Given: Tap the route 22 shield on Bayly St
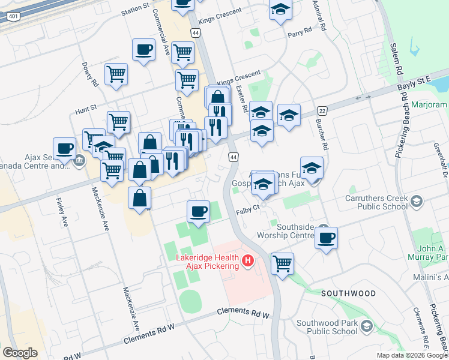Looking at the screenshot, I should coord(322,111).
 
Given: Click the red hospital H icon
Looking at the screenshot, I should coord(248,261).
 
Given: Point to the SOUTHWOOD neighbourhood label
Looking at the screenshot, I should coord(348,293).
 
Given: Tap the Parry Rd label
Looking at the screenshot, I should coord(300,30).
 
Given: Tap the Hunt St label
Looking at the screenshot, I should coord(86,110).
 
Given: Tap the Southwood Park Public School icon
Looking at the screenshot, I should coord(366,327).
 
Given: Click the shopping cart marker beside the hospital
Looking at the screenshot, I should coord(282,263).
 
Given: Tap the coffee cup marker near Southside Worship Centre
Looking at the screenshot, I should coord(326,238).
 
